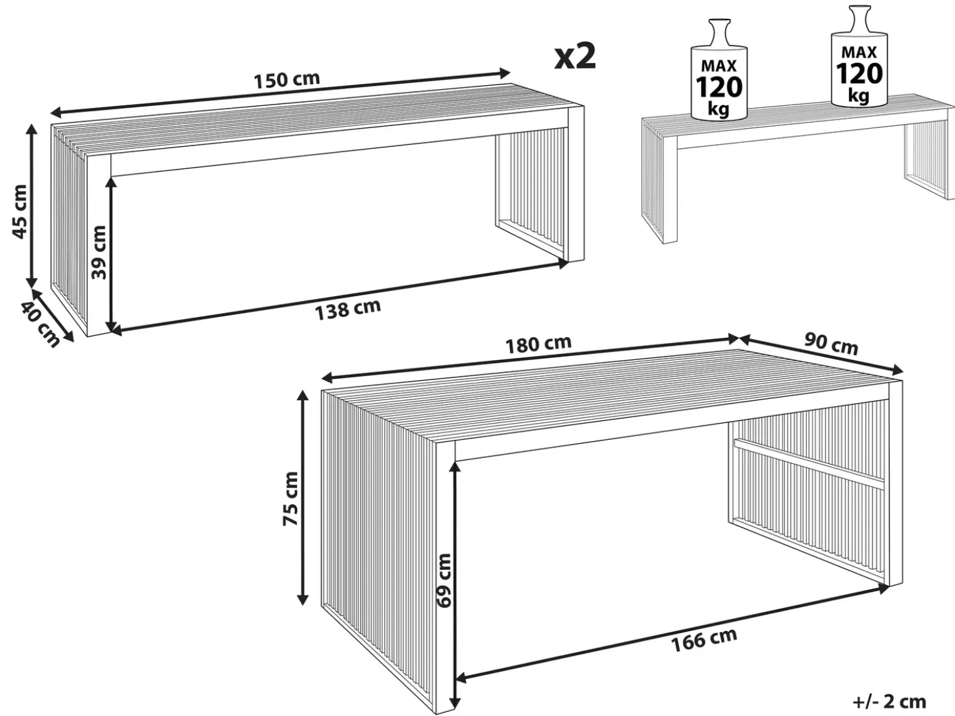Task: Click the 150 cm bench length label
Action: coord(286,80)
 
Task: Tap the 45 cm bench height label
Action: coord(19,212)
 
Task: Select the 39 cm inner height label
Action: coord(99,252)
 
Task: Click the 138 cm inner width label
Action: coord(348,309)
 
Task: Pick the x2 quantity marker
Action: coord(575,57)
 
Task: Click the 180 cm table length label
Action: coord(538,344)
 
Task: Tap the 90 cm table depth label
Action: coord(831,344)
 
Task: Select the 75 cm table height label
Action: coord(290,498)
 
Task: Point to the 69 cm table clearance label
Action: coord(444,580)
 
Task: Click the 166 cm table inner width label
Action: coord(704,641)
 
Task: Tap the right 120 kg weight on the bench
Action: coord(860,57)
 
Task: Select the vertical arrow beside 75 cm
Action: coord(302,498)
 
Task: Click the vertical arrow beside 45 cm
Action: coord(31,206)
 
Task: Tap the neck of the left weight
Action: coord(719,33)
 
